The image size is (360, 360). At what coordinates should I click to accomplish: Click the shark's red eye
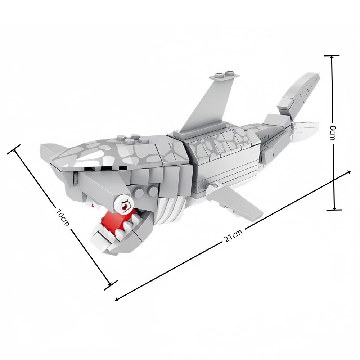[x=124, y=206]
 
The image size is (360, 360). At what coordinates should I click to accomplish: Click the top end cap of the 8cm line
[x=332, y=56]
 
